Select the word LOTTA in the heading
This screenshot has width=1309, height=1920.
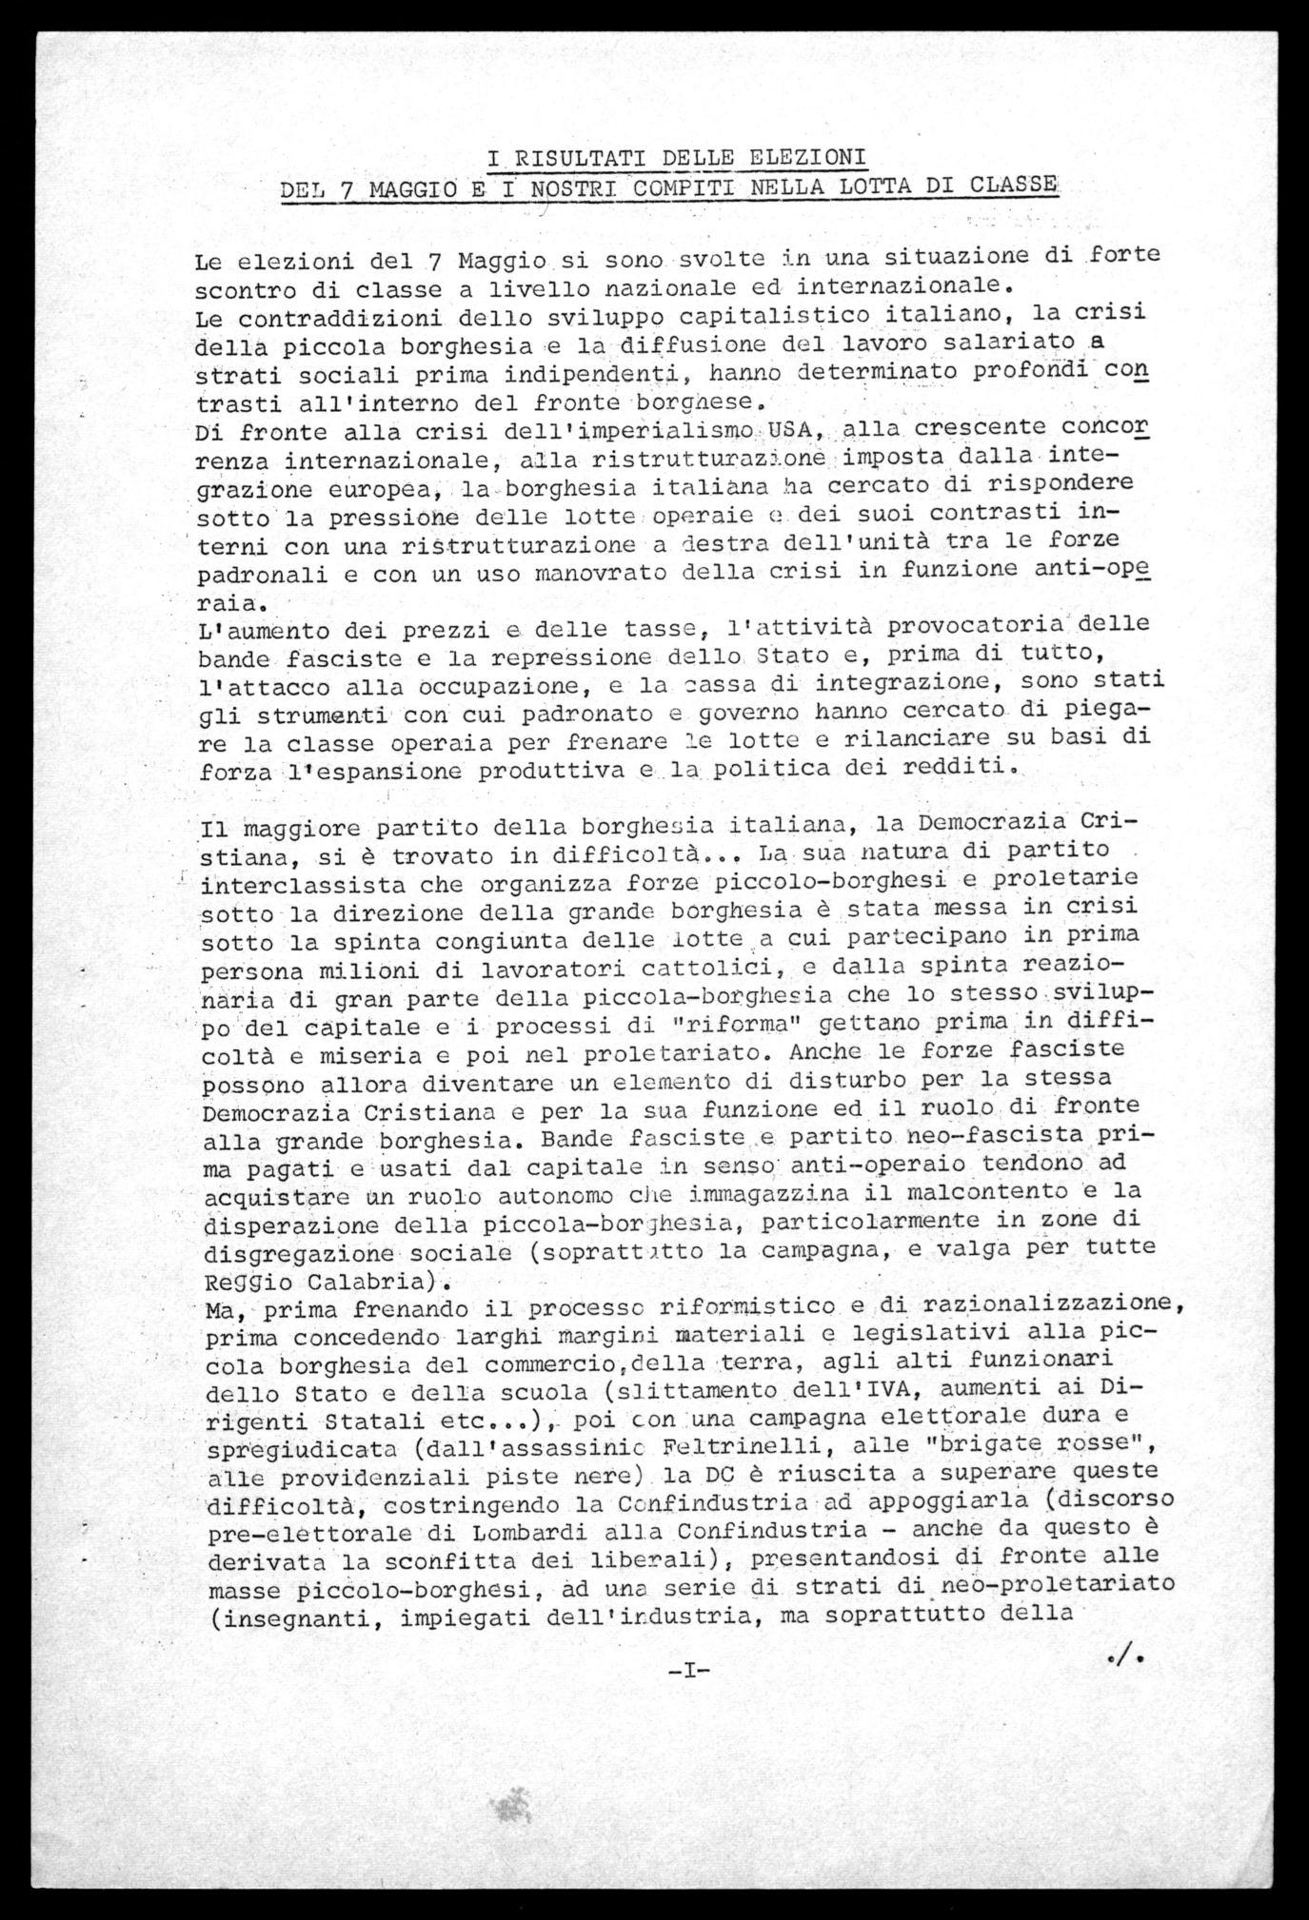[865, 185]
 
